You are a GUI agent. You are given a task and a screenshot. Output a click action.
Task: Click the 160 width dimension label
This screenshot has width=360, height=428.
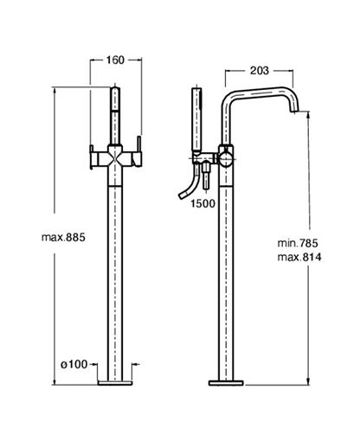pos(115,61)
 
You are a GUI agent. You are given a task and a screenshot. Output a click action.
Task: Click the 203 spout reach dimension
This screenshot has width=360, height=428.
pos(260,71)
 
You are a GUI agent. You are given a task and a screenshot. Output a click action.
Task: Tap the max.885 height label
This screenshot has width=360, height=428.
pos(63,238)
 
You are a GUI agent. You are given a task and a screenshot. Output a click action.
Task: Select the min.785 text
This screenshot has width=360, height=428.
pos(298,243)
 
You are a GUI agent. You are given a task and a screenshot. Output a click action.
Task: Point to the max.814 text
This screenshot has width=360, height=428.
pos(299,257)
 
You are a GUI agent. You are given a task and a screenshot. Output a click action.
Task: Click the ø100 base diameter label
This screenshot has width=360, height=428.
pos(74,364)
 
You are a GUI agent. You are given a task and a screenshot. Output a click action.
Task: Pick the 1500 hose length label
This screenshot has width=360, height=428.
pos(203,204)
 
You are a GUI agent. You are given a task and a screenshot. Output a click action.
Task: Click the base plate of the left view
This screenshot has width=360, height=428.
pos(115,383)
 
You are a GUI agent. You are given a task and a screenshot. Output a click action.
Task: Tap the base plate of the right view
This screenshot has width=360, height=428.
pos(226,383)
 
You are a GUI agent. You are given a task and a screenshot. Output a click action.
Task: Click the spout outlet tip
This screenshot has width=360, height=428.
pos(293,111)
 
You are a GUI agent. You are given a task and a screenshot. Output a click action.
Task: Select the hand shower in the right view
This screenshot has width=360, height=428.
pos(196,120)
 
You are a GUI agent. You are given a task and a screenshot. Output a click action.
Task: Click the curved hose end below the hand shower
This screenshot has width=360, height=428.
pos(183,195)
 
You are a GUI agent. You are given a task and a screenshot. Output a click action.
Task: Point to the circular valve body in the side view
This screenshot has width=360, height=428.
pos(226,160)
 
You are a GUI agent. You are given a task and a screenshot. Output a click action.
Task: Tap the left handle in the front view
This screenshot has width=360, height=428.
pos(92,157)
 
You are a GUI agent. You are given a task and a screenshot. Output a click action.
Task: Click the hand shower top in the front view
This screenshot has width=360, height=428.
pos(115,98)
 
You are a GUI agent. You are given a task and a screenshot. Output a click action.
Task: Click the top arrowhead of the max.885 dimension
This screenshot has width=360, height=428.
pos(55,89)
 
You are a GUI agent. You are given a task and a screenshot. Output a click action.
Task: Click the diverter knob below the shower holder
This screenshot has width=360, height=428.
pos(206,176)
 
